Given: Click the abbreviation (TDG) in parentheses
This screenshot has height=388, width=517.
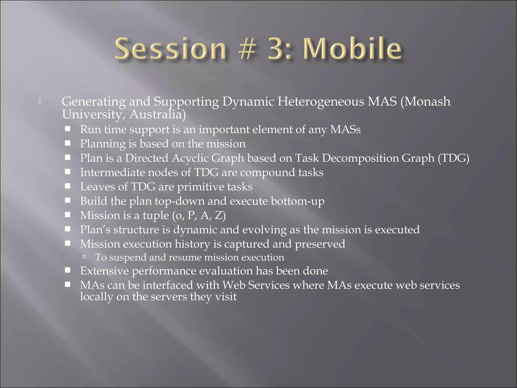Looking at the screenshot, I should [x=453, y=158].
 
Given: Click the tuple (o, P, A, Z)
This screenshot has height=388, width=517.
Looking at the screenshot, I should [x=199, y=215].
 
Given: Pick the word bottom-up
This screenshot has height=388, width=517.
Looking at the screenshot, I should [x=298, y=201].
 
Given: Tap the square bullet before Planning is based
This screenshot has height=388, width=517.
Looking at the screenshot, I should [x=67, y=143].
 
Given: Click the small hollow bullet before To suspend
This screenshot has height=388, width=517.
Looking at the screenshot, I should [x=84, y=257].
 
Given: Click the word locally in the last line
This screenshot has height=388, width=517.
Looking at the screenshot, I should [x=96, y=297].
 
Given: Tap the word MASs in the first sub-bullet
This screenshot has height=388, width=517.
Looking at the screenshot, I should [x=345, y=129].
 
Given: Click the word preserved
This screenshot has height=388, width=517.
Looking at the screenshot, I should [x=320, y=244].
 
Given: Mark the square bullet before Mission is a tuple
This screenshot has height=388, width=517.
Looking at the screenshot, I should [x=67, y=215].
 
